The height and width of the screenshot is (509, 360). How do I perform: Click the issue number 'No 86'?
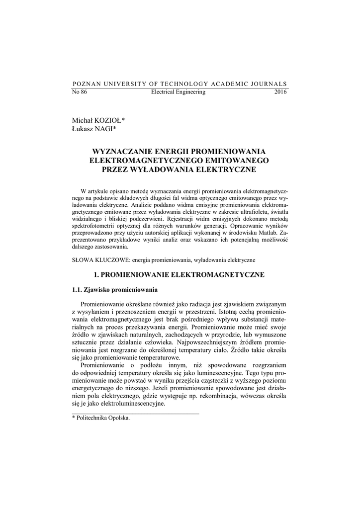(80, 92)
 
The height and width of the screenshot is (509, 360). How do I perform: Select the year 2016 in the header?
(280, 92)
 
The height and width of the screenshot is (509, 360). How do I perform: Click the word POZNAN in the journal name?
(87, 84)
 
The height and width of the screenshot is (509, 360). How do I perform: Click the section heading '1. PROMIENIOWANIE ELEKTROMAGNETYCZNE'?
(180, 274)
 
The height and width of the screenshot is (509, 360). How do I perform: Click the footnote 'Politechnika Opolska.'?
(103, 418)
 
